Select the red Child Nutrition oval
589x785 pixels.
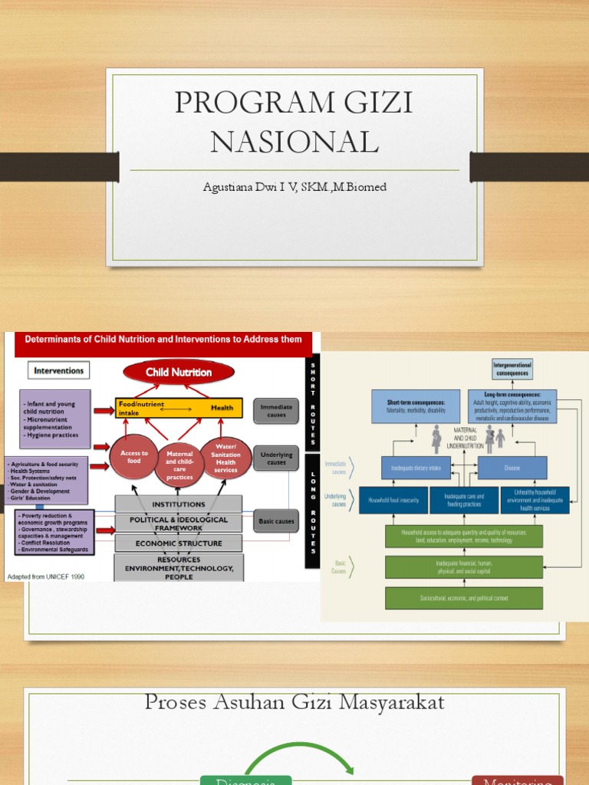179,373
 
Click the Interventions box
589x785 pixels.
59,370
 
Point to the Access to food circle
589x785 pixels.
134,458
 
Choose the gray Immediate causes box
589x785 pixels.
276,410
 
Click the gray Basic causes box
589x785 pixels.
276,521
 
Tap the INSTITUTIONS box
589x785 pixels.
179,504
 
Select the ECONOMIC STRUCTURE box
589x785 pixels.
179,544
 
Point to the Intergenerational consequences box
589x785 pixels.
512,370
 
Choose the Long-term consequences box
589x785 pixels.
512,406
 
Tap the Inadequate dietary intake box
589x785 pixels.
415,468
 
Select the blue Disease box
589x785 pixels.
512,468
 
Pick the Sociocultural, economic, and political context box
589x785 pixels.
464,598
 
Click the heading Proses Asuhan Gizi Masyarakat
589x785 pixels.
294,702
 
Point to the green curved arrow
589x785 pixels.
299,755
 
